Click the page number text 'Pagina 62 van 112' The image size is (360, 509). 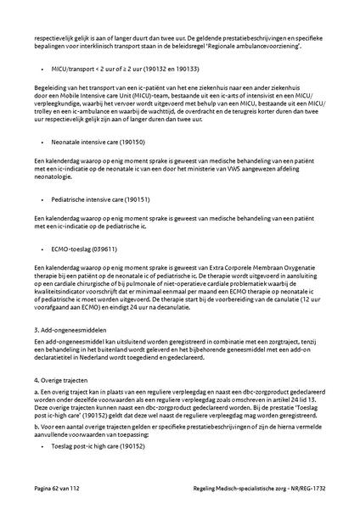tap(57, 489)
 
